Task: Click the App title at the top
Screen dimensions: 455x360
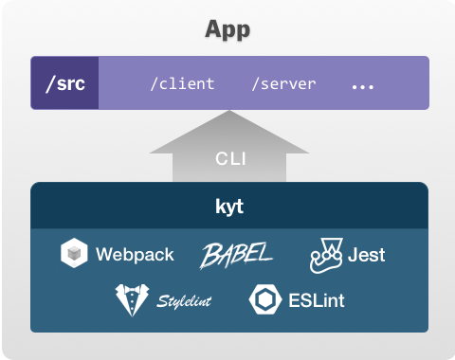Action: click(227, 30)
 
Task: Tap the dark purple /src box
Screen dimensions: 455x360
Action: click(64, 83)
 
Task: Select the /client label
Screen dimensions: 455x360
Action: click(183, 84)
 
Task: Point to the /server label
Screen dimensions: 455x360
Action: click(283, 84)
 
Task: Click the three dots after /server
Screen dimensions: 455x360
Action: click(363, 86)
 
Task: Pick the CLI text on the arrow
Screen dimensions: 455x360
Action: click(230, 158)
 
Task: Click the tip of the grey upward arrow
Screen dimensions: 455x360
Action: click(229, 111)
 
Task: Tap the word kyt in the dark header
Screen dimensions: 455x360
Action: click(229, 207)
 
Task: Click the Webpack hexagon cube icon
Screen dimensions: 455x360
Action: click(74, 253)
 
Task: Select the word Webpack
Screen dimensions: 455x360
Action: click(135, 255)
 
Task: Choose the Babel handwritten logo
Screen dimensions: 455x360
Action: click(236, 255)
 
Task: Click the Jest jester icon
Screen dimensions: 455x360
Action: click(326, 255)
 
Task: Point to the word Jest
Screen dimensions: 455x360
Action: click(366, 255)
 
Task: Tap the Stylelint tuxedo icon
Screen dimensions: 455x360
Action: click(132, 299)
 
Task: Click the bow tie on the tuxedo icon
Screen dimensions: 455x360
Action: click(132, 289)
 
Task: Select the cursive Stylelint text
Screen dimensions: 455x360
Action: click(184, 301)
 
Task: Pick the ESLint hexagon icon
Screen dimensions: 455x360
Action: click(265, 299)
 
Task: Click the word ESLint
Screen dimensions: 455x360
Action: click(317, 300)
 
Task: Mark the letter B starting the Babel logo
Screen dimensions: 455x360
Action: click(211, 255)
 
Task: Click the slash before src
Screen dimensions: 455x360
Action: click(51, 83)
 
